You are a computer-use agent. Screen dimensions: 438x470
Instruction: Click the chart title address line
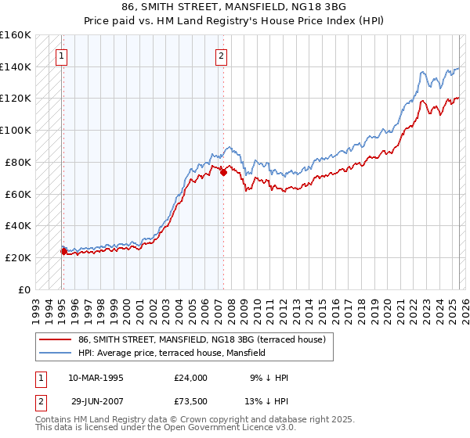pyautogui.click(x=234, y=7)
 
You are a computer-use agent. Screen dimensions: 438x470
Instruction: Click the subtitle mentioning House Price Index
pyautogui.click(x=234, y=21)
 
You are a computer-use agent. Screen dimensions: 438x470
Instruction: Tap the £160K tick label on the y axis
pyautogui.click(x=16, y=35)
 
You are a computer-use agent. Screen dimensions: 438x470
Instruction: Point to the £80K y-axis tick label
pyautogui.click(x=18, y=162)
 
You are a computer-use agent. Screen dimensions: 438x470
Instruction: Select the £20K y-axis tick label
pyautogui.click(x=18, y=257)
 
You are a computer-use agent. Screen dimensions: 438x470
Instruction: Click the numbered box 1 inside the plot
pyautogui.click(x=60, y=56)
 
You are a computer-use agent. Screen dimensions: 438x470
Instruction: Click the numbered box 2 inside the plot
pyautogui.click(x=222, y=56)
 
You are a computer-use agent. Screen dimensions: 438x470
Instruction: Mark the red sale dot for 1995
pyautogui.click(x=63, y=251)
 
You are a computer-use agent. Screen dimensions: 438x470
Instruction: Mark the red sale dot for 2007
pyautogui.click(x=223, y=172)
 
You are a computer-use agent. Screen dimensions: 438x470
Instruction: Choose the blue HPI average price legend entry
pyautogui.click(x=172, y=353)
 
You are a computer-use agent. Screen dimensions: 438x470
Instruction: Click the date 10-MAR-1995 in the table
pyautogui.click(x=96, y=377)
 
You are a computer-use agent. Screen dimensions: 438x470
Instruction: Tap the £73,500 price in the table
pyautogui.click(x=191, y=400)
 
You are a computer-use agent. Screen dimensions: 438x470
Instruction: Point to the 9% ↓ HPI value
pyautogui.click(x=269, y=377)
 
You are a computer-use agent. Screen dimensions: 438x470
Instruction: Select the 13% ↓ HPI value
pyautogui.click(x=269, y=400)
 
